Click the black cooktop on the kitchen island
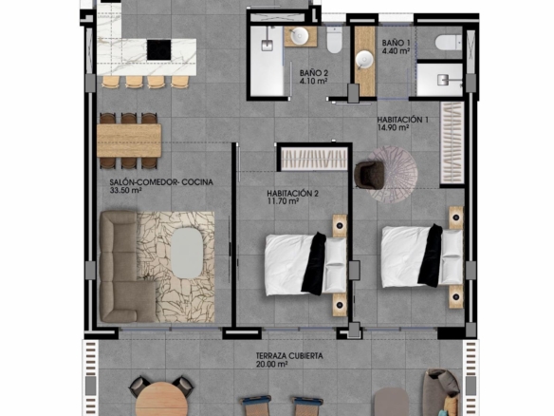[x=159, y=49]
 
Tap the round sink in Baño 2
[x=300, y=36]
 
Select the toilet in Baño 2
[x=334, y=40]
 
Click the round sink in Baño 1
[x=364, y=59]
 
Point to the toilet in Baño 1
[x=448, y=43]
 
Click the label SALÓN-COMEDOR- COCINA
[x=161, y=182]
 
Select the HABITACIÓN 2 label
[x=292, y=194]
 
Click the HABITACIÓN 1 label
[x=402, y=120]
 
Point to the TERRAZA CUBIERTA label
[x=289, y=355]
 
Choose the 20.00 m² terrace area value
[x=271, y=364]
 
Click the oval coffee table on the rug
[x=187, y=253]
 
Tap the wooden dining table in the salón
[x=129, y=141]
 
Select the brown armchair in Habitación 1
[x=369, y=175]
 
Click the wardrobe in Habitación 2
[x=314, y=159]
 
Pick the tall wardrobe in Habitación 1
[x=452, y=142]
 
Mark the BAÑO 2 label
[x=314, y=73]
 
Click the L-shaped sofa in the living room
[x=123, y=266]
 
